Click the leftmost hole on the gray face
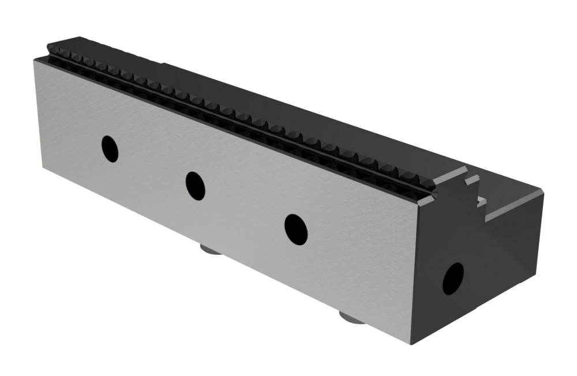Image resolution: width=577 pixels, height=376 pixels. pos(110,149)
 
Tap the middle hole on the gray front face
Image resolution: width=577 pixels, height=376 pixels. pos(196,186)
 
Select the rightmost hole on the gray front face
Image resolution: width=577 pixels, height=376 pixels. pos(296,228)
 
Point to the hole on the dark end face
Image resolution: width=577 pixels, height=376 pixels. pos(453,279)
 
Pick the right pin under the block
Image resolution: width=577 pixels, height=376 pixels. pos(351,317)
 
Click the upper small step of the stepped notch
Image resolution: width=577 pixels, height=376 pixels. pos(472,180)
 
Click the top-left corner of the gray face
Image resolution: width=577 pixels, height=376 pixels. pos(34,61)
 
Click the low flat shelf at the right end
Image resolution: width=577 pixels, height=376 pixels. pos(511,199)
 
